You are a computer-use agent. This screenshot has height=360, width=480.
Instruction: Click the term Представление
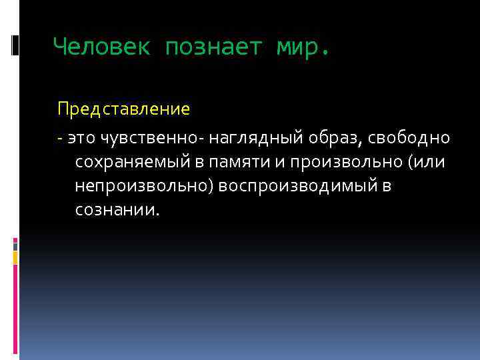[x=123, y=108]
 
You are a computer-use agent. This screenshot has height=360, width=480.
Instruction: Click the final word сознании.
[x=118, y=210]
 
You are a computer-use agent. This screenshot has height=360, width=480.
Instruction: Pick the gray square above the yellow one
[x=15, y=245]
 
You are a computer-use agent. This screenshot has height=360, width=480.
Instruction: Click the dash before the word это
[x=60, y=138]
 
